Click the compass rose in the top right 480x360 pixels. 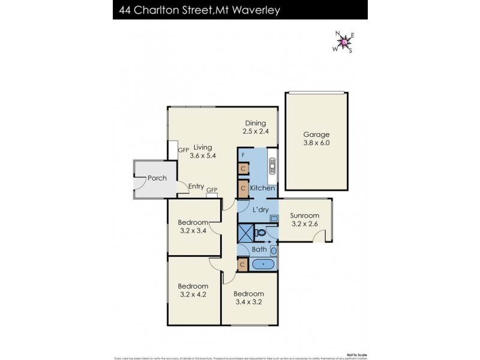coord(343,42)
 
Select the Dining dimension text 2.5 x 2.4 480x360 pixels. coord(254,132)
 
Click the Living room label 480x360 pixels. coord(203,147)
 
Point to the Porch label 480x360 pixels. coord(157,178)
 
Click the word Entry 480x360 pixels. coord(196,187)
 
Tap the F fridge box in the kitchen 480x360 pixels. coord(243,155)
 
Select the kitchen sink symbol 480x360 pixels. coord(271,165)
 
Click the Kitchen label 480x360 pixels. coord(262,188)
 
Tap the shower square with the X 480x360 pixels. coord(245,232)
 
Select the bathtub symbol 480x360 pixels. coord(263,264)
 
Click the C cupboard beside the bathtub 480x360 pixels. coord(243,264)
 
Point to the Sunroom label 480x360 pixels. coord(305,215)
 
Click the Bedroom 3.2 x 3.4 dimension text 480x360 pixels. coord(193,230)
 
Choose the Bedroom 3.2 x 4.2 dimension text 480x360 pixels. coord(193,295)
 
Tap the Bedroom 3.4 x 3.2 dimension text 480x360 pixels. coord(248,302)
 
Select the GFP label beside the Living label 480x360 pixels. coord(184,149)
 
